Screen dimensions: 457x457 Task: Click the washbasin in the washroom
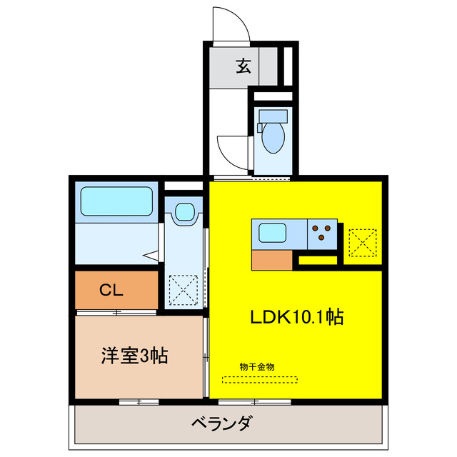pos(184,212)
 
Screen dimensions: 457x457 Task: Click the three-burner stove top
pos(322,231)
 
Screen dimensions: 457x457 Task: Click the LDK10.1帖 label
pos(297,317)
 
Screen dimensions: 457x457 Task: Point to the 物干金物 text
pos(257,366)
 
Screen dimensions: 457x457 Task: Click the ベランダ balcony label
pos(221,423)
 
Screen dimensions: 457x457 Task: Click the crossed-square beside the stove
pos(362,242)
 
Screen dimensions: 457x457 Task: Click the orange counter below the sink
pos(272,260)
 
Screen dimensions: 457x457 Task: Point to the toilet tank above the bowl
pos(272,116)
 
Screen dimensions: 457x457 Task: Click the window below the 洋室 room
pos(139,402)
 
